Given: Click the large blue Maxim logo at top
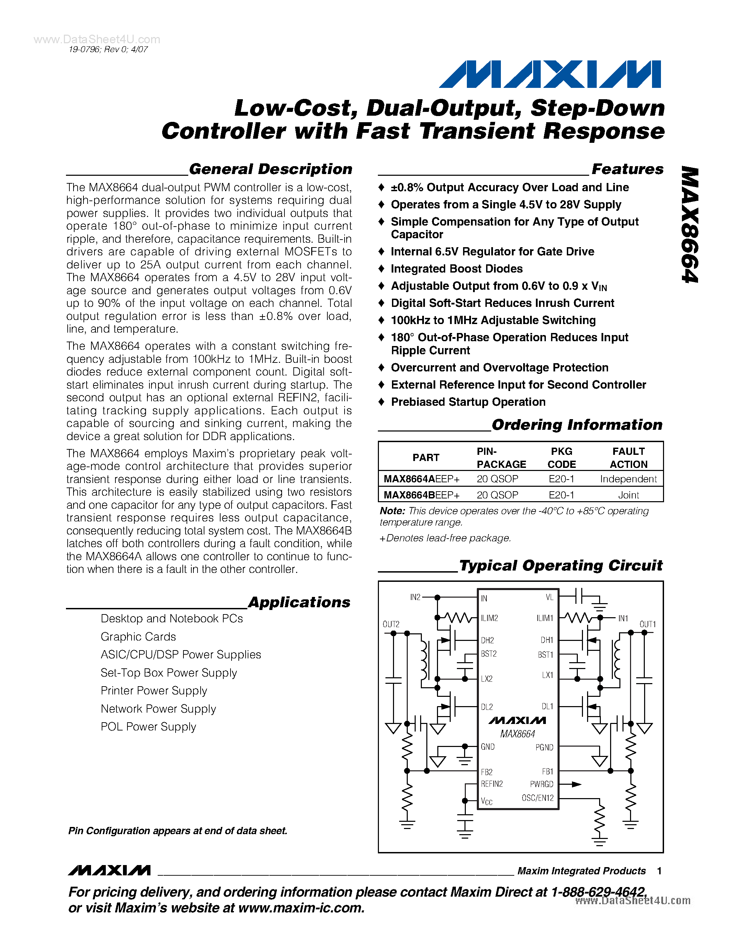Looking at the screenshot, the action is (x=550, y=74).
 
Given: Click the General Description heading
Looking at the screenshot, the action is (x=270, y=169).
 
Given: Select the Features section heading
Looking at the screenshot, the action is (x=627, y=169).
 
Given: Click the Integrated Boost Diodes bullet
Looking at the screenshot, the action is (x=456, y=269).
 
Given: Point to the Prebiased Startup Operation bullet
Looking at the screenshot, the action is (x=468, y=402).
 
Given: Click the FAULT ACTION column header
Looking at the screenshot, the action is (x=628, y=458).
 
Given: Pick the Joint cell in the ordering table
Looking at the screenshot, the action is (x=628, y=495).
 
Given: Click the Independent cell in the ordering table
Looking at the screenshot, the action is (x=628, y=479).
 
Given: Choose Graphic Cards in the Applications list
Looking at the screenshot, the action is (x=138, y=637).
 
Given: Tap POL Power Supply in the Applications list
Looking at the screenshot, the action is (x=148, y=727).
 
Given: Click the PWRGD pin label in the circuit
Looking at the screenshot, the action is (x=541, y=784).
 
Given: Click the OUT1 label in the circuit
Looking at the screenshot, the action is (x=648, y=624).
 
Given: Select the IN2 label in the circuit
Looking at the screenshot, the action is (x=415, y=597).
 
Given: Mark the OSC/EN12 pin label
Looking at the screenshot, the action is (x=538, y=798).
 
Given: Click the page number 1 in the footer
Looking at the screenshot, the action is (x=659, y=871).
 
